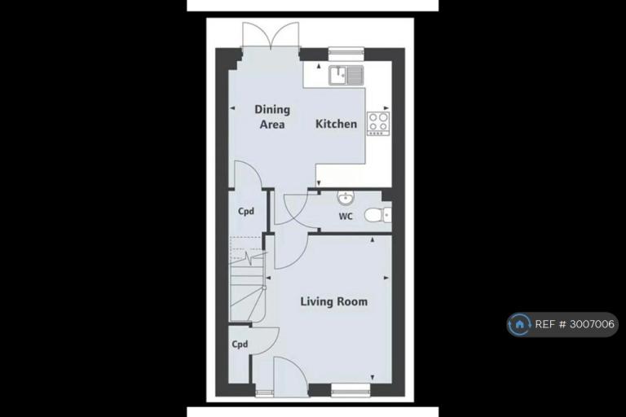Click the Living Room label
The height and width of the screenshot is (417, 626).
pos(333,301)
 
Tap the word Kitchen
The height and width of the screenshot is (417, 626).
pos(336,124)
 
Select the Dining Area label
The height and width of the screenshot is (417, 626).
pos(272,116)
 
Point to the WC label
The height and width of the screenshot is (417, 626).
pos(346,217)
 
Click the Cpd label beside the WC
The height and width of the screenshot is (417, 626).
pos(246,211)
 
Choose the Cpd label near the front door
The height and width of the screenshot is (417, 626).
pos(240,344)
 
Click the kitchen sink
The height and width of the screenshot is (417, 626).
pos(346,76)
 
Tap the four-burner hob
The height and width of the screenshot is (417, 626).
pos(378,123)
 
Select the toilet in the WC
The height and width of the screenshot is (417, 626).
pos(377,216)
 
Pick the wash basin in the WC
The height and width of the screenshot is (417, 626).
pos(346,197)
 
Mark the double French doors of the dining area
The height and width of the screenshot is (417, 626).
pos(271,36)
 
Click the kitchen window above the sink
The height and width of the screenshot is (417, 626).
pos(346,54)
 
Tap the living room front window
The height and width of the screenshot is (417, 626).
pos(351,390)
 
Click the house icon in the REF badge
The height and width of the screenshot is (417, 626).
pos(519,324)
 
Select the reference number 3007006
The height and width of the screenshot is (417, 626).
pos(592,324)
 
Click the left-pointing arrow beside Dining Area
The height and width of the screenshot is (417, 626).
pos(232,108)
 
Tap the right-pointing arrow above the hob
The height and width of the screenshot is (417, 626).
pos(386,108)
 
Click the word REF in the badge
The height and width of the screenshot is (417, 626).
pos(544,324)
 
